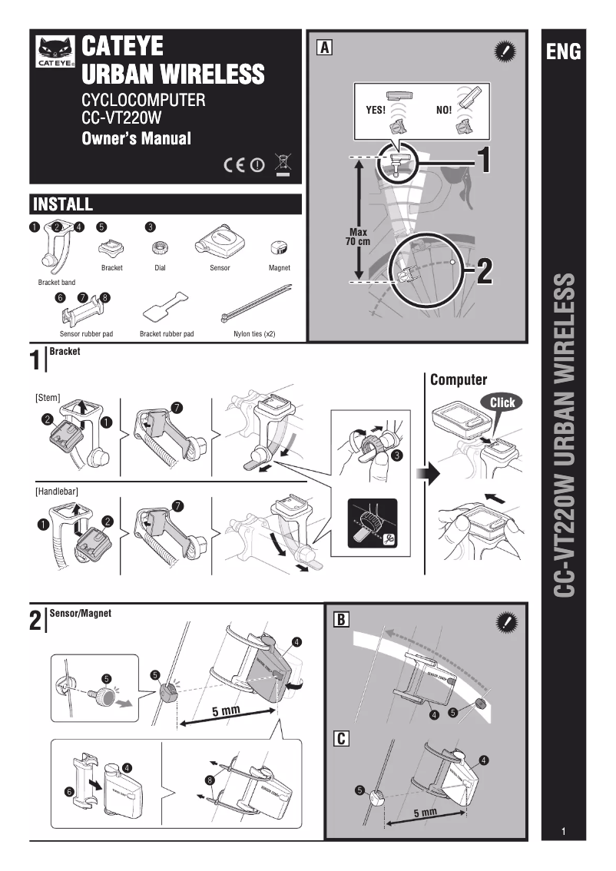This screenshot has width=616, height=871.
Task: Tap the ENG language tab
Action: [x=563, y=52]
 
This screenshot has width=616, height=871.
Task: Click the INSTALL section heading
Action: [x=63, y=204]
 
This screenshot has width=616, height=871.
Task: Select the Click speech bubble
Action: [x=502, y=402]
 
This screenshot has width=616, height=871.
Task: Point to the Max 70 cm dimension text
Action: [x=358, y=237]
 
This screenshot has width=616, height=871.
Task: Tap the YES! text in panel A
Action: [x=375, y=110]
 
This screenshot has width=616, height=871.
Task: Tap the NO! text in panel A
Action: [x=444, y=110]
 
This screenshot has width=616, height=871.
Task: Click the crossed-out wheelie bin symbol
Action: [x=283, y=164]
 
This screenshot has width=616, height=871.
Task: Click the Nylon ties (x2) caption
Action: [x=254, y=335]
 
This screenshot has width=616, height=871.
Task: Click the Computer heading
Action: [x=458, y=379]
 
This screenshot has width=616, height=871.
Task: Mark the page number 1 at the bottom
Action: [x=563, y=832]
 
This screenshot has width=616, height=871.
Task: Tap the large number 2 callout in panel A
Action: [x=485, y=270]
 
